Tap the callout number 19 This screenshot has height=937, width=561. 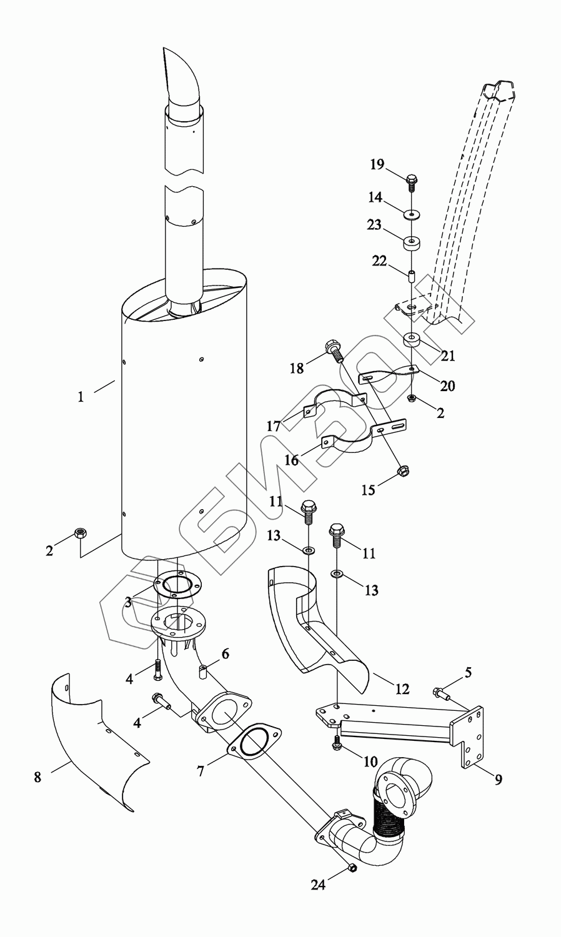coord(377,164)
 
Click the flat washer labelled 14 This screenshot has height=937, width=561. coord(412,215)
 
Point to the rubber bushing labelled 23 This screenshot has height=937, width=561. coord(412,244)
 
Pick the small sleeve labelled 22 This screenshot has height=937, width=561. coord(412,277)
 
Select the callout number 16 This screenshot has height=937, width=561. coord(292,460)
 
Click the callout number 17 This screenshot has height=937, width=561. coord(274,426)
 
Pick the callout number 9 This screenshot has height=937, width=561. coord(499,780)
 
